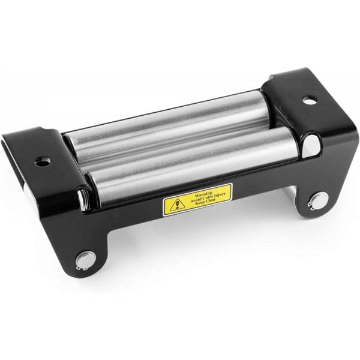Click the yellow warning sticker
pyautogui.click(x=197, y=200)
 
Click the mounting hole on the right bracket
pyautogui.click(x=310, y=100)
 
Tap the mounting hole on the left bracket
pyautogui.click(x=43, y=161)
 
